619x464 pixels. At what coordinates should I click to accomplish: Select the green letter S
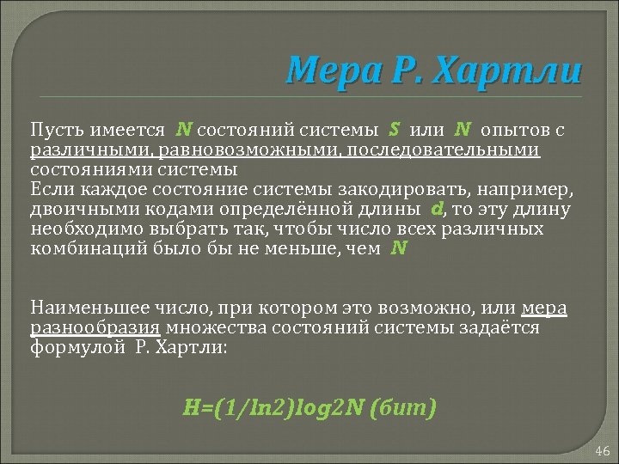tap(394, 130)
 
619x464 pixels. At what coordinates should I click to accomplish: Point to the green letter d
tap(437, 209)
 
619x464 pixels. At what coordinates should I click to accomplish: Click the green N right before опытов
tap(463, 130)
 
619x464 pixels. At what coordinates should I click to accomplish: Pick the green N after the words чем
tap(398, 248)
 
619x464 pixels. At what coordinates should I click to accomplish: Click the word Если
tap(48, 190)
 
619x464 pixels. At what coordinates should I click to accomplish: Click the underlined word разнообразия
tap(95, 327)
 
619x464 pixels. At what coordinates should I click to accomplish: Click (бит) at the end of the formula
tap(401, 406)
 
